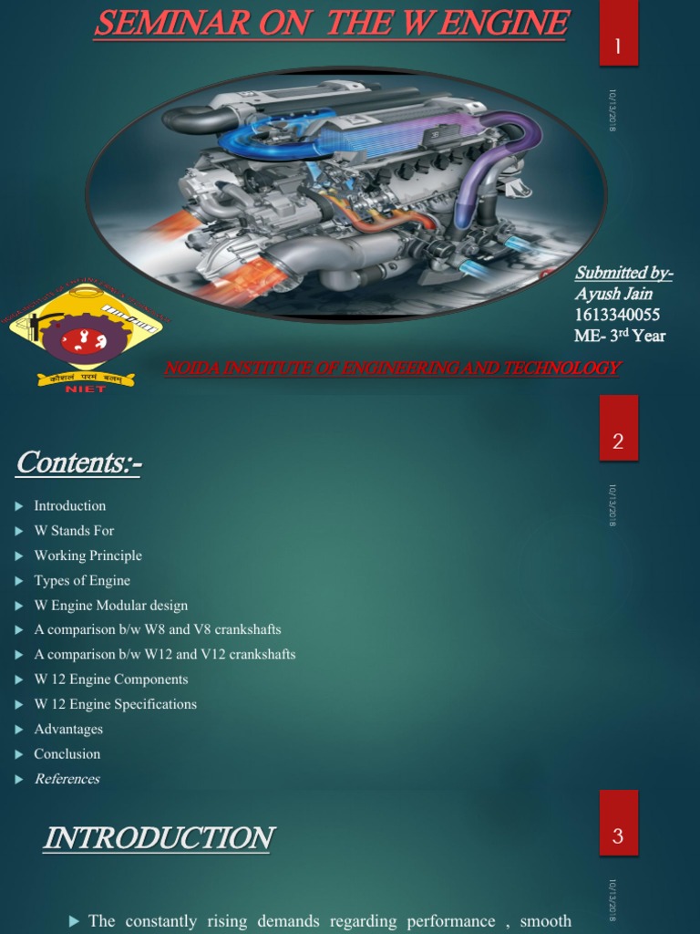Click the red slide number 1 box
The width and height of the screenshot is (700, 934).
pos(618,46)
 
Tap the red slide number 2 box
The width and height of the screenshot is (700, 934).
pos(618,441)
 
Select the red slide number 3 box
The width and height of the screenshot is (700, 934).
pos(618,835)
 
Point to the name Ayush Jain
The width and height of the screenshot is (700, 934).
pos(613,294)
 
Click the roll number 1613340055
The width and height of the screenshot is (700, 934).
pos(617,315)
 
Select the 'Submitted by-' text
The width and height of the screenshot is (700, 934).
pos(623,273)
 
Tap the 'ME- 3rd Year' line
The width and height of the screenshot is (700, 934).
pos(620,336)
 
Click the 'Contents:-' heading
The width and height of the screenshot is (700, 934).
pos(78,463)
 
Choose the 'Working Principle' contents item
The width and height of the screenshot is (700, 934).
pos(87,555)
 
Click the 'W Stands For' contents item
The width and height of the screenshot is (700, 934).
pos(74,531)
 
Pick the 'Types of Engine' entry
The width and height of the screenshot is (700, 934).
pos(82,580)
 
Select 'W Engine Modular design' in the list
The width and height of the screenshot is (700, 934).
pos(110,605)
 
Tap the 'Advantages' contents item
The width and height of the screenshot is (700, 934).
pos(68,729)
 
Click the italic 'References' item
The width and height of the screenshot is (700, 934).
pos(67,779)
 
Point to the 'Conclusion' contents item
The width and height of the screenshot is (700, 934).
pos(67,753)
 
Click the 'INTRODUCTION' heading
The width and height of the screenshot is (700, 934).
pos(158,838)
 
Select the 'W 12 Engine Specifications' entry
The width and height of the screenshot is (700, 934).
pos(115,704)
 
